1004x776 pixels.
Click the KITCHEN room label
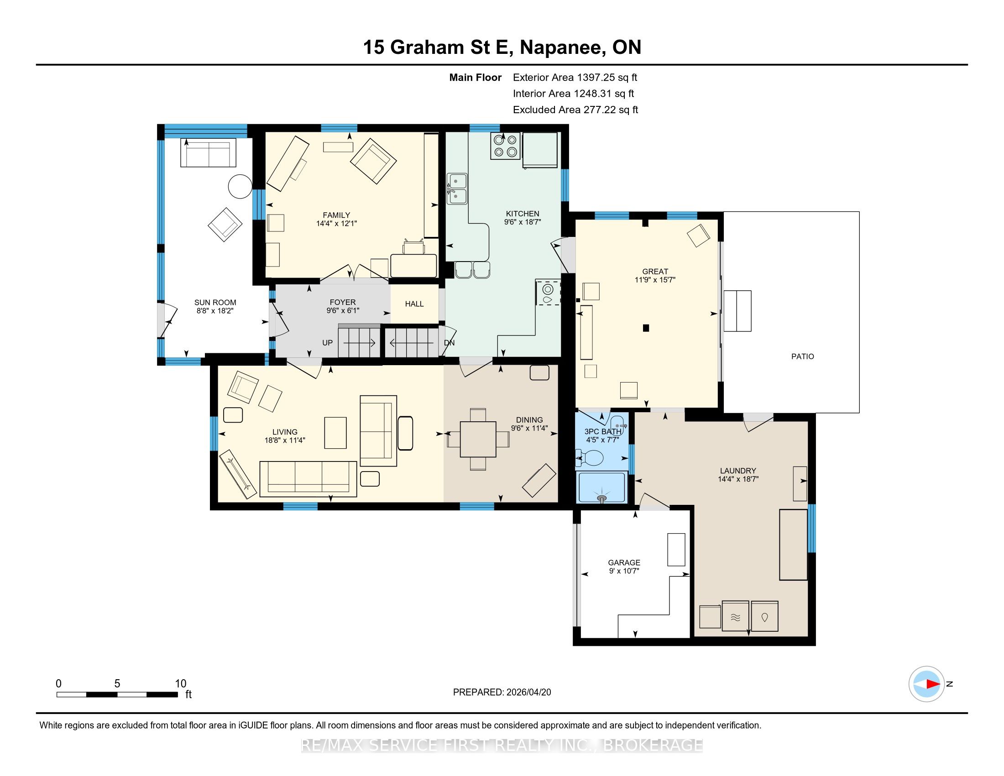pos(522,214)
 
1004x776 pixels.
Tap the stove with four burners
pos(505,146)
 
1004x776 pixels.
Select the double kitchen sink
pos(457,189)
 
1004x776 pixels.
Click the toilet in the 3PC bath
pos(590,457)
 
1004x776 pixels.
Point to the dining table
pos(478,439)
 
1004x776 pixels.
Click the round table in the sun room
pos(240,187)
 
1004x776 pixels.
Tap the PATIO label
pos(803,357)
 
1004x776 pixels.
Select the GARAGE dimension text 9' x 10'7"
pos(624,571)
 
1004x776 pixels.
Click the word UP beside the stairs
pos(327,342)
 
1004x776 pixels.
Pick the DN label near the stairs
pos(449,342)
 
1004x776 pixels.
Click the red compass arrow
pos(933,684)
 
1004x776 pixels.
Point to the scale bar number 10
pos(181,684)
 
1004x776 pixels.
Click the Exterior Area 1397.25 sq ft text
pos(575,77)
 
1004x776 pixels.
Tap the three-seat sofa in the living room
pos(308,479)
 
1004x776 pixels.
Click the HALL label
pos(414,304)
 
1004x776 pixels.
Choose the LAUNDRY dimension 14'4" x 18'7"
pos(738,479)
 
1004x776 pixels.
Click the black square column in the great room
pos(646,328)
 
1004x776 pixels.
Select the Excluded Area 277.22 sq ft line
pos(575,110)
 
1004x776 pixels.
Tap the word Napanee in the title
pos(560,47)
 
